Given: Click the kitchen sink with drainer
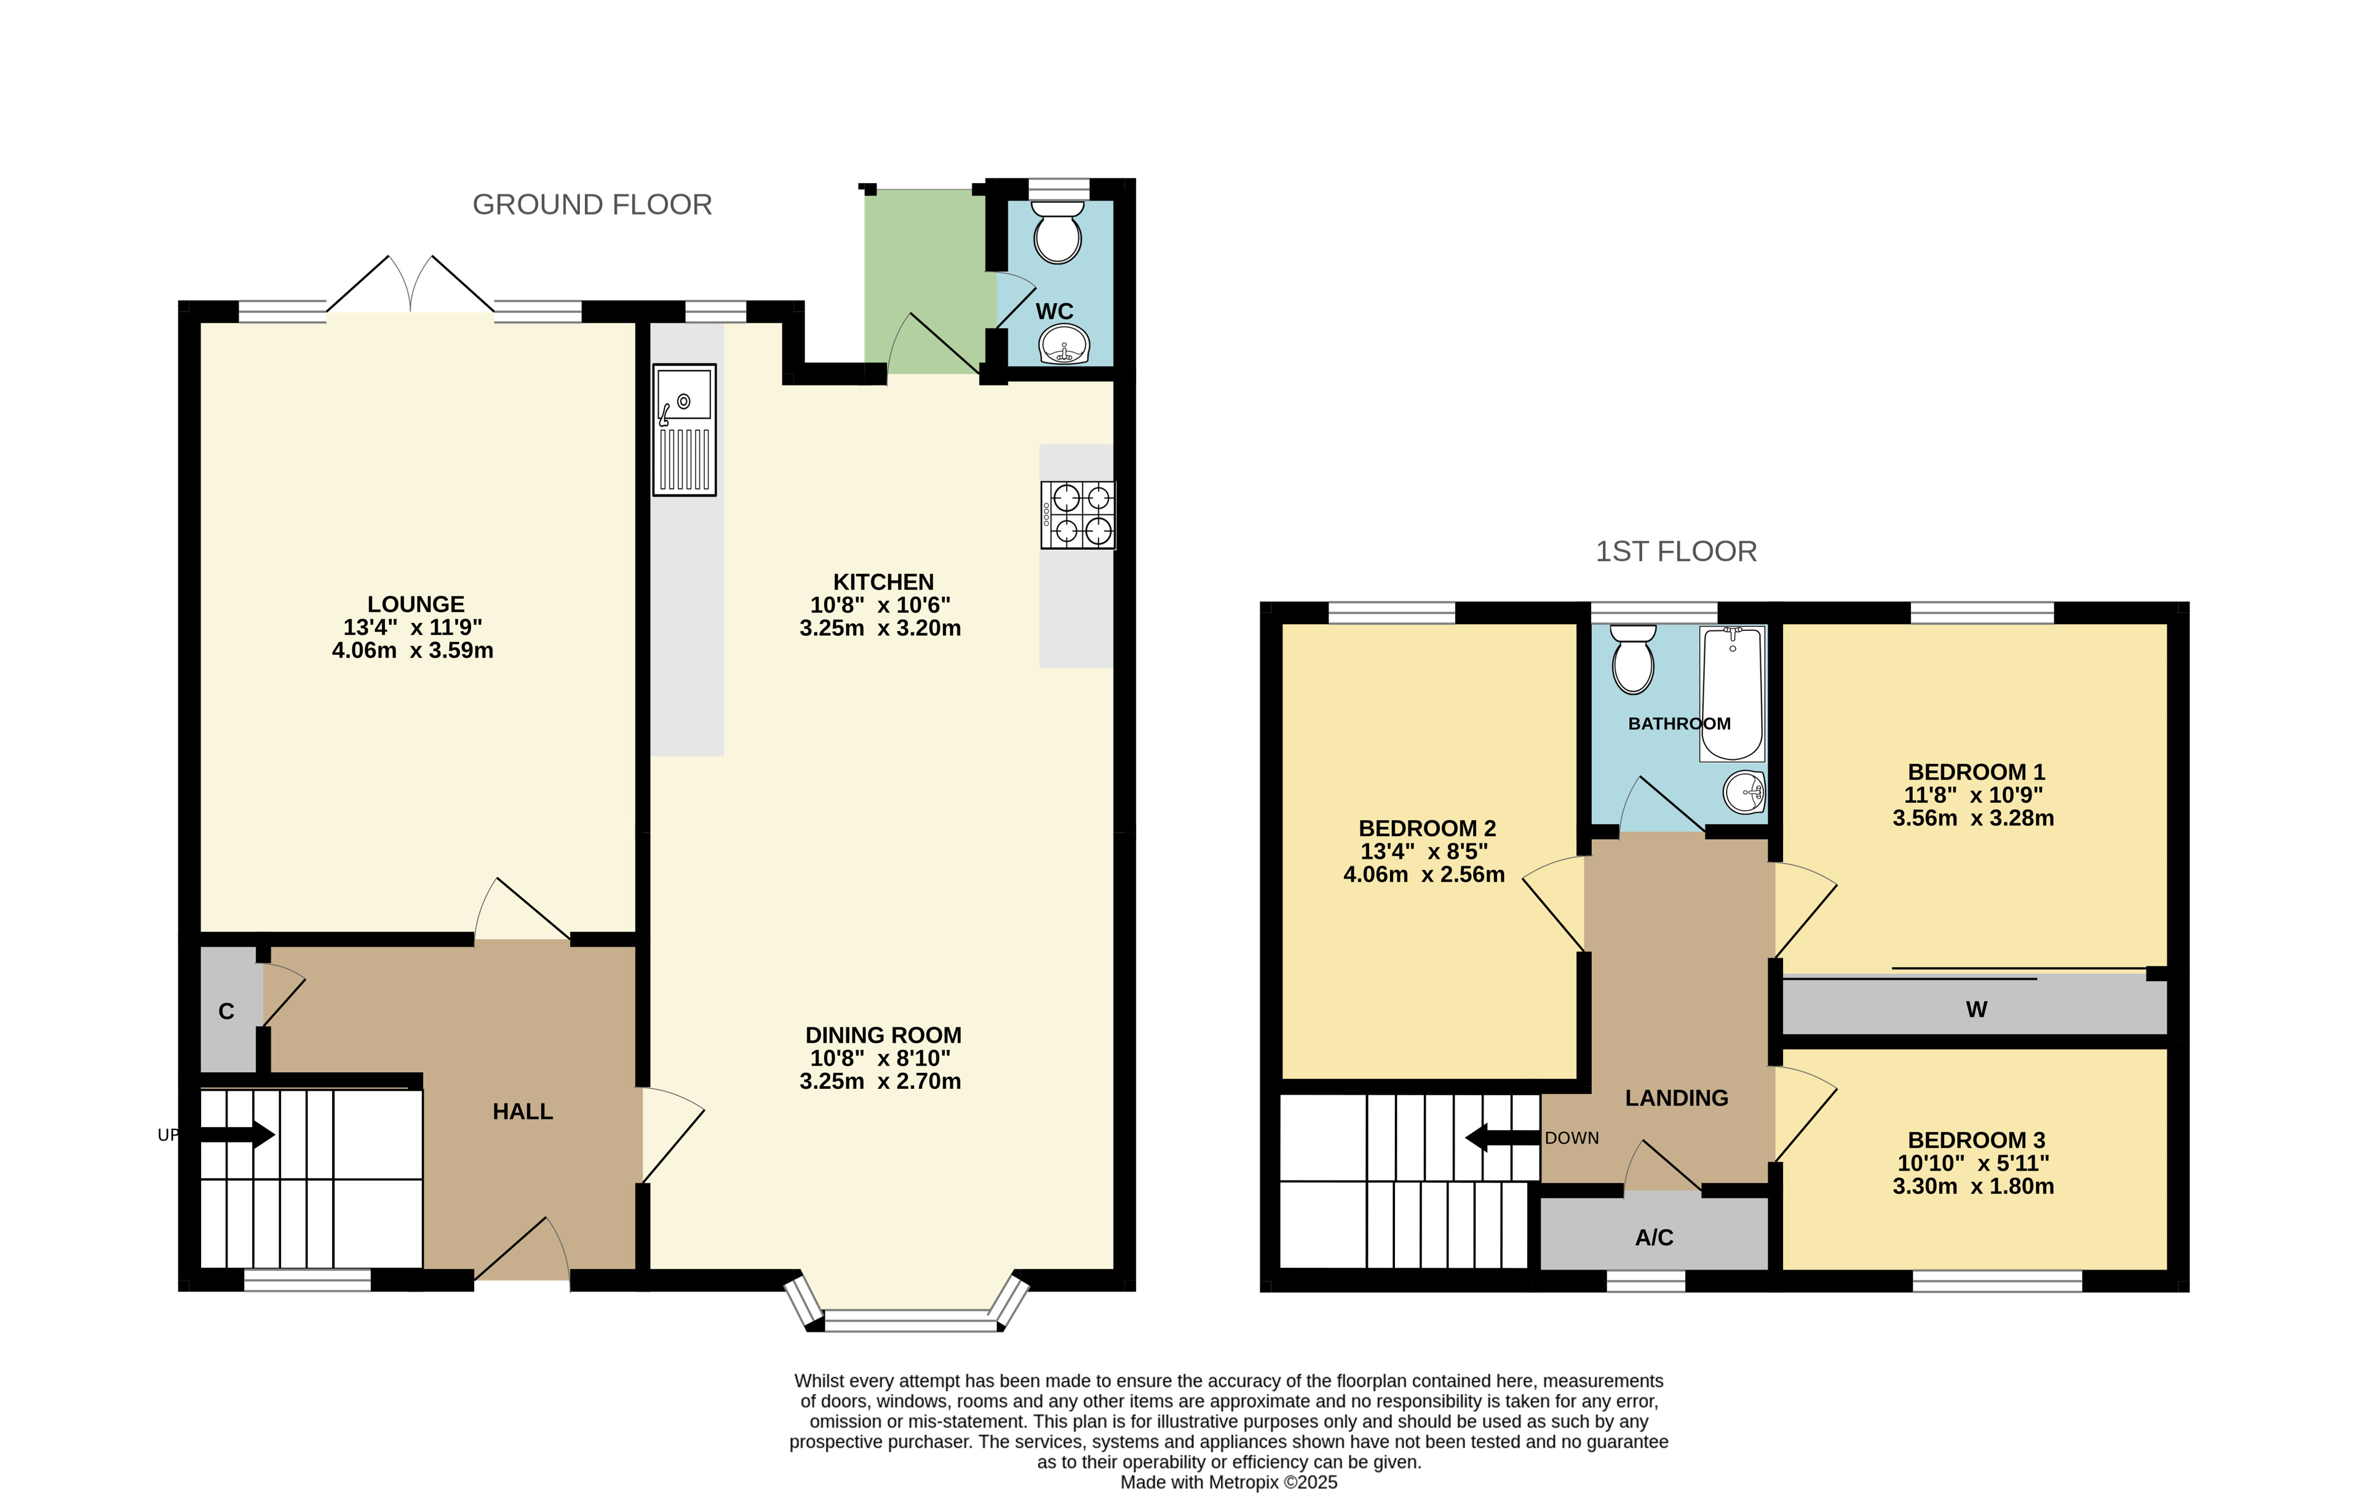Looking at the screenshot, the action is click(685, 430).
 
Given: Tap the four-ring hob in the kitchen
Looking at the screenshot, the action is click(1078, 514).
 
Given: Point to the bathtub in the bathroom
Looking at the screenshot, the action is click(1733, 694).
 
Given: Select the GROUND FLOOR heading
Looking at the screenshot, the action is click(592, 205).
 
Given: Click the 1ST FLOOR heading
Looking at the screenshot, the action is click(1675, 551).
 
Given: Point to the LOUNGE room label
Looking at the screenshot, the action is click(416, 604).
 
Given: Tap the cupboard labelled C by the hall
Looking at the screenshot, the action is click(227, 1011).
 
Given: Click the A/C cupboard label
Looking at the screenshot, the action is click(1654, 1238).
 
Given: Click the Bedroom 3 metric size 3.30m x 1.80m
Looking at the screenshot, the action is click(1973, 1187).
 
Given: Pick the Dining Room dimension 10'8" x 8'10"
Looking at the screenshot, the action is click(880, 1059).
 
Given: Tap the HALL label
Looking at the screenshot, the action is click(522, 1112).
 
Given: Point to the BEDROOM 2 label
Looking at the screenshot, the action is click(1427, 829).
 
